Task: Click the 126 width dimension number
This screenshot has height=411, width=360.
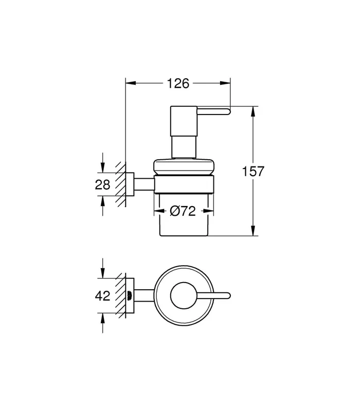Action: [x=178, y=83]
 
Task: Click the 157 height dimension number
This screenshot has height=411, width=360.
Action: [x=253, y=171]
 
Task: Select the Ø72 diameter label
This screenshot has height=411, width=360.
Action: [x=183, y=211]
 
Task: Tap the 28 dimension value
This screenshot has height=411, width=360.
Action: [x=102, y=184]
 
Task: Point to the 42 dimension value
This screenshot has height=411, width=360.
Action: [x=102, y=296]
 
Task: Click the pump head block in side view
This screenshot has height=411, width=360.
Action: [x=184, y=121]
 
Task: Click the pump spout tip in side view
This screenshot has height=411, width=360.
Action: [x=228, y=111]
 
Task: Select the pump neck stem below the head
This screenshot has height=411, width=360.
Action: [x=184, y=147]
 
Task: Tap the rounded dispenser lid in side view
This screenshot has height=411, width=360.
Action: [x=184, y=166]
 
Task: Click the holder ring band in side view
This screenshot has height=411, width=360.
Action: [x=184, y=184]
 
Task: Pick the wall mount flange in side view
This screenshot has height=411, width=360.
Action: [x=130, y=184]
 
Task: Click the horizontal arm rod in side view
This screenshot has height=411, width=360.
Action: [x=144, y=184]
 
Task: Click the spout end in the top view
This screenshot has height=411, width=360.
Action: [x=228, y=296]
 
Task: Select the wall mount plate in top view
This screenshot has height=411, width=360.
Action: [x=130, y=296]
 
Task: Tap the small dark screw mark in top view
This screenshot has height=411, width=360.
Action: [x=129, y=296]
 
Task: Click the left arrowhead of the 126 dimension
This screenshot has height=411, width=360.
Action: [x=131, y=83]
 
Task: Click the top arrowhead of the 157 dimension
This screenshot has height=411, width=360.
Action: [x=253, y=111]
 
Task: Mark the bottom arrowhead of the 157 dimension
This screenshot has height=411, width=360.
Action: [x=253, y=231]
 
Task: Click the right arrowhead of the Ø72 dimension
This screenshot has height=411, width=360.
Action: [x=209, y=211]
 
